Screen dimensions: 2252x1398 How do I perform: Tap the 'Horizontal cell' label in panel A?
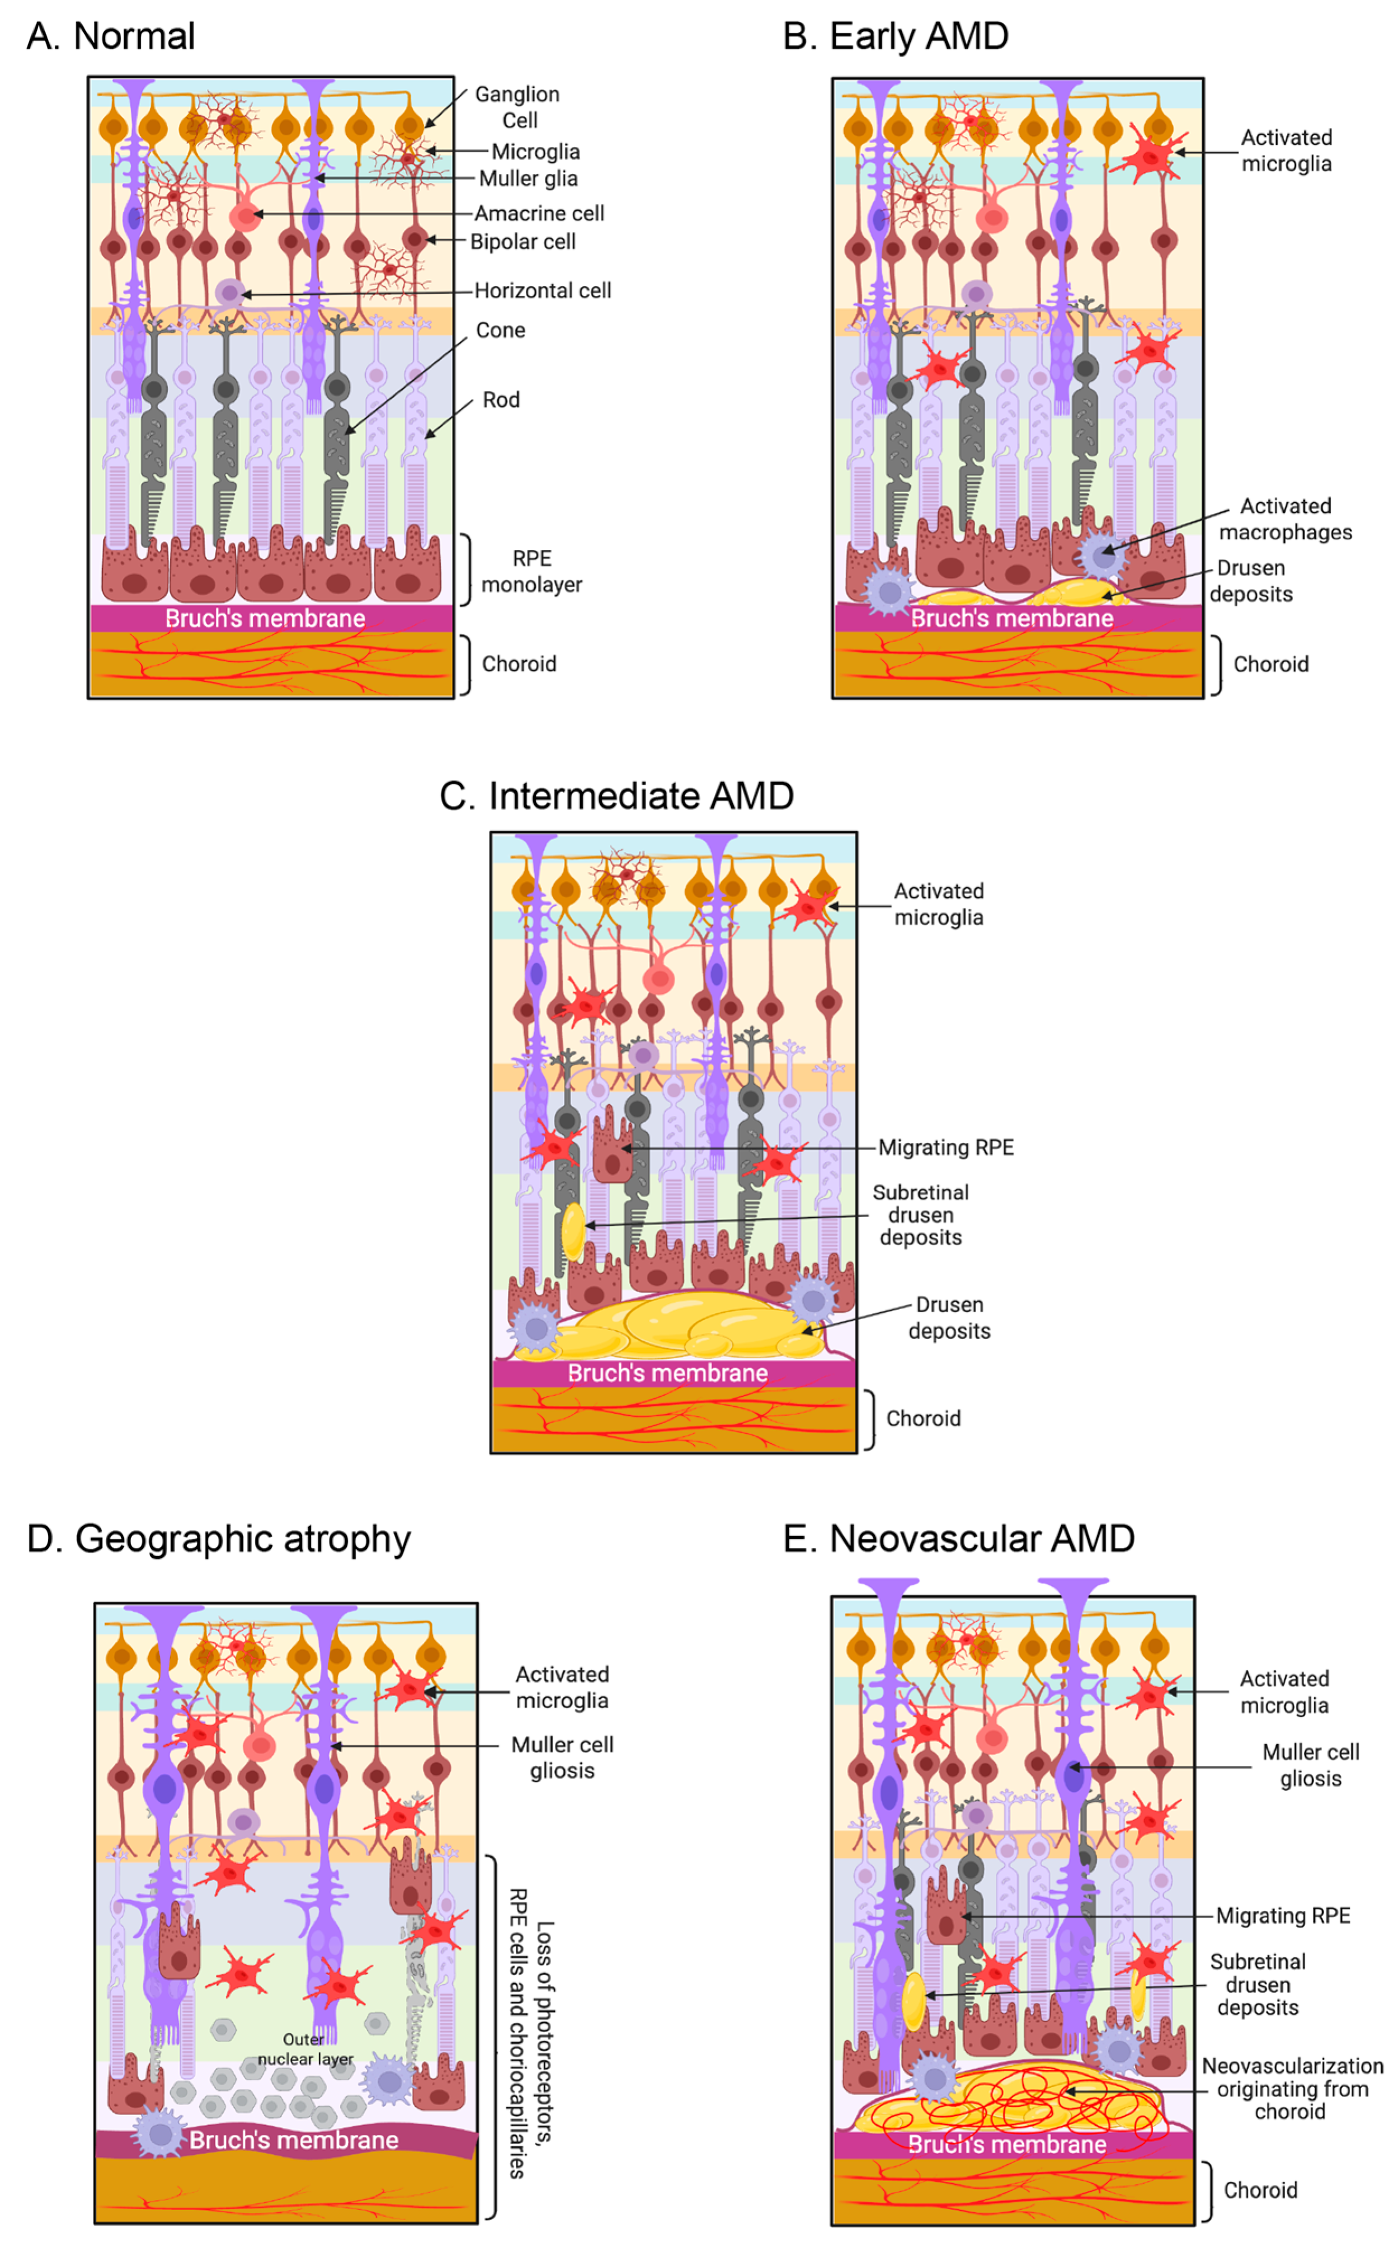[542, 290]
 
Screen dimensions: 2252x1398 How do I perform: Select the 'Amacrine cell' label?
[539, 214]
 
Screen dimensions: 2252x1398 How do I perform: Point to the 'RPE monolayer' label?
[531, 571]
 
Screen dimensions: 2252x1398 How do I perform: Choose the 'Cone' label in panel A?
[500, 330]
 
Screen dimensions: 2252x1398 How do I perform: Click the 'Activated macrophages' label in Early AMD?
[1285, 519]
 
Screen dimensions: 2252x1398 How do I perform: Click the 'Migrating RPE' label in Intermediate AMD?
[946, 1147]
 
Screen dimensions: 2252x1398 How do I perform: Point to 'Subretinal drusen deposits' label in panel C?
[920, 1215]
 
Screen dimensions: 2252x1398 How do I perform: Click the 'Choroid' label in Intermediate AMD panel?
[922, 1418]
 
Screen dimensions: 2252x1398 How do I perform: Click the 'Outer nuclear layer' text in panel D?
[305, 2048]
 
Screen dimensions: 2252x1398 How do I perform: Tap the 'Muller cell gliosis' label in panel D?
[562, 1758]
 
